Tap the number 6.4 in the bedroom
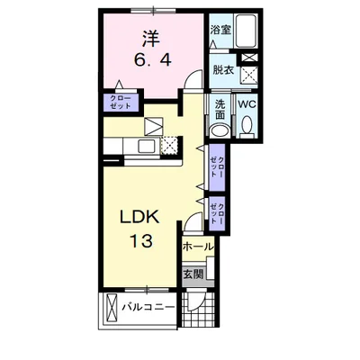click(153, 61)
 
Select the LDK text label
click(139, 217)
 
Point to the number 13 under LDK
click(140, 240)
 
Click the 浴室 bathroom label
click(220, 30)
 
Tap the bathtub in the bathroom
click(246, 31)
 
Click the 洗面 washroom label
click(220, 109)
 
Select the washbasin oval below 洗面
click(220, 130)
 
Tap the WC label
click(247, 104)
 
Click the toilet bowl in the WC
click(247, 125)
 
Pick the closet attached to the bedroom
click(121, 102)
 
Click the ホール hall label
click(198, 247)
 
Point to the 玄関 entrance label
click(193, 274)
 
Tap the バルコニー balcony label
click(148, 307)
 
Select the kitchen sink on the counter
click(147, 147)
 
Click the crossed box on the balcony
click(112, 307)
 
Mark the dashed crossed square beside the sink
click(169, 146)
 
